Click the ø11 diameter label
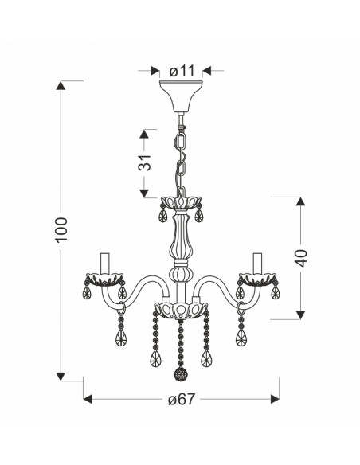point(182,71)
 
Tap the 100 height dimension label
point(61,230)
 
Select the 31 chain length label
point(144,162)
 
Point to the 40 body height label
point(302,258)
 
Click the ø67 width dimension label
point(182,399)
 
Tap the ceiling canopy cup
point(181,96)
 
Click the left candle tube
point(105,264)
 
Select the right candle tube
point(258,264)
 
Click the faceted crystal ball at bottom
point(180,373)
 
